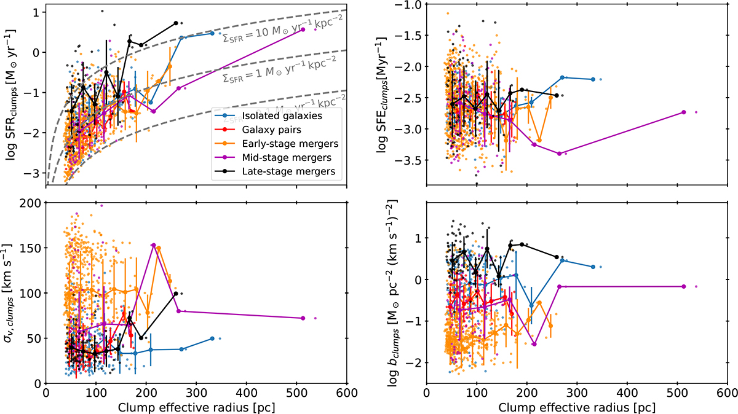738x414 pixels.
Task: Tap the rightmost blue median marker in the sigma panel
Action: point(212,338)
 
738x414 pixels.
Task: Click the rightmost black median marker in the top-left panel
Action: point(176,23)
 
